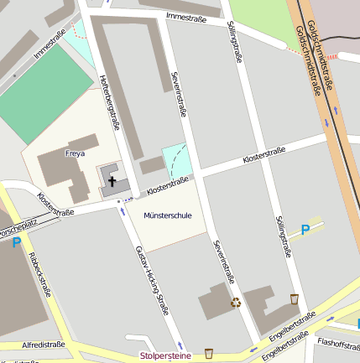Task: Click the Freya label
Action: [x=75, y=153]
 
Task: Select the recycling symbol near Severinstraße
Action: [x=236, y=303]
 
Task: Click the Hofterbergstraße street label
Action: [x=109, y=101]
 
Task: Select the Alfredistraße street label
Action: [x=44, y=345]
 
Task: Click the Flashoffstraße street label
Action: [x=338, y=342]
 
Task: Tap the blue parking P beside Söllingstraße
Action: [x=305, y=229]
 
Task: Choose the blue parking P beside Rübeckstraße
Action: [x=16, y=244]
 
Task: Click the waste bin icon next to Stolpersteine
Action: [x=209, y=353]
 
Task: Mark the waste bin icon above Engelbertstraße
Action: [x=294, y=298]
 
